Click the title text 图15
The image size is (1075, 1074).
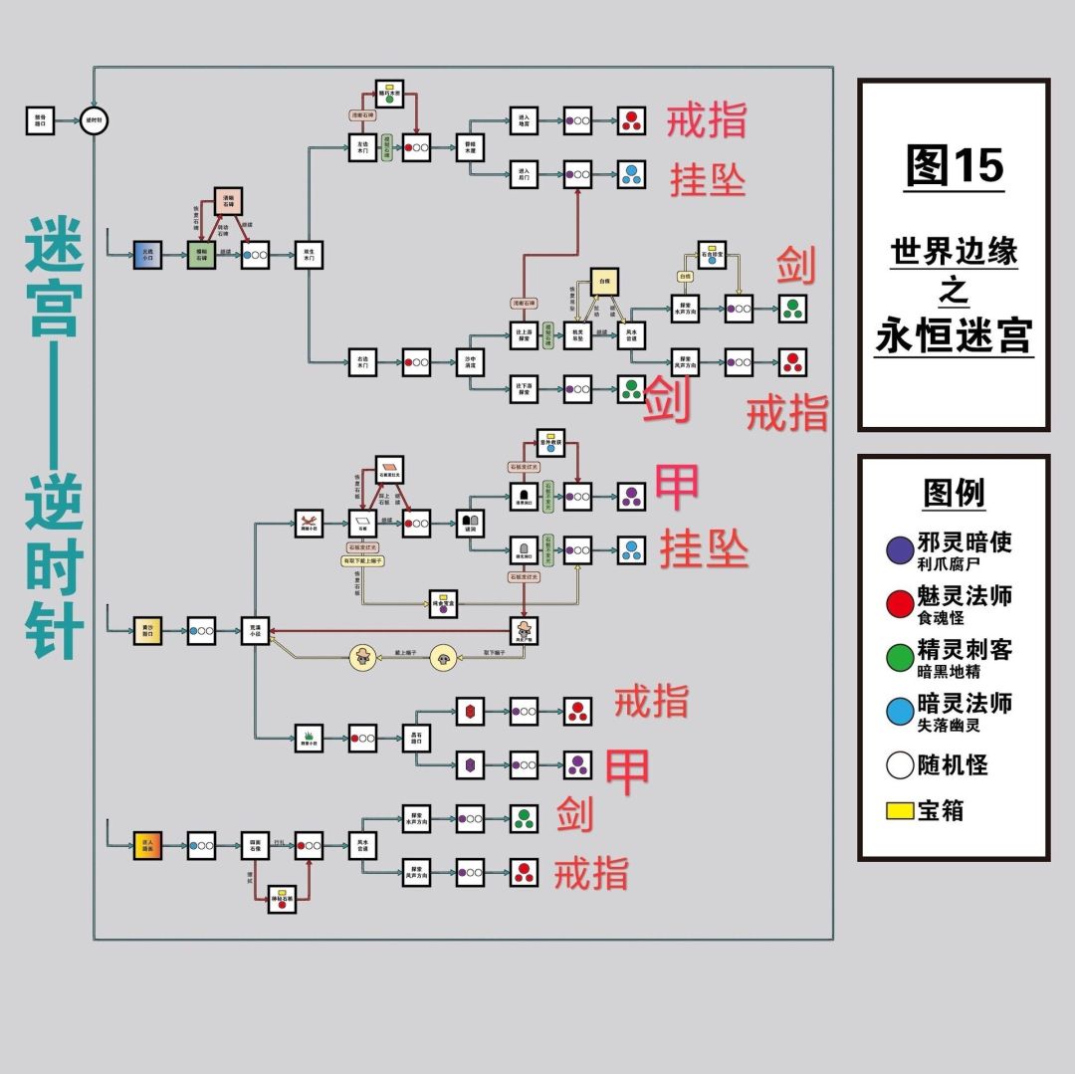click(954, 165)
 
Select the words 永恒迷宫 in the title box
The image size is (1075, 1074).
click(954, 335)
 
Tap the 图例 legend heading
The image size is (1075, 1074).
click(953, 492)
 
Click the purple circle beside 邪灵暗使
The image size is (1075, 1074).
click(900, 550)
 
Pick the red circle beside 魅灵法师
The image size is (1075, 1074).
click(900, 603)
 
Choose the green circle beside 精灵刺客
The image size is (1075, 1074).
click(900, 657)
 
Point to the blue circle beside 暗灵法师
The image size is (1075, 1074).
click(900, 711)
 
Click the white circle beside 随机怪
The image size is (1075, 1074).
click(900, 765)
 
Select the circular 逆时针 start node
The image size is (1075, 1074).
click(95, 121)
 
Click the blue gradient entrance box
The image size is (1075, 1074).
click(147, 255)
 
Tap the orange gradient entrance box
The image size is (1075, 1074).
click(147, 845)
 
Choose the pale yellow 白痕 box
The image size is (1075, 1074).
click(604, 282)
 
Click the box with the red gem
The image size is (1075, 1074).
click(470, 711)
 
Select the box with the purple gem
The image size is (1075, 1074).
click(470, 764)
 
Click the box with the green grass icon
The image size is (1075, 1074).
click(309, 738)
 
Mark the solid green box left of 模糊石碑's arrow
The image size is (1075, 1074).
click(201, 255)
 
